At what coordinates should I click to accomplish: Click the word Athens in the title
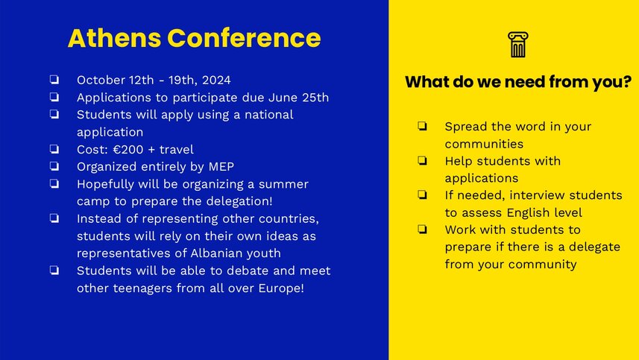(115, 38)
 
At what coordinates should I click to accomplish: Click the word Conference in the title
(244, 38)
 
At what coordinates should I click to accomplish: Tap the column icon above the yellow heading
(518, 45)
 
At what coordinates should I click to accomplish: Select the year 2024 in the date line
(216, 80)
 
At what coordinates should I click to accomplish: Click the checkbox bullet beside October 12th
(54, 80)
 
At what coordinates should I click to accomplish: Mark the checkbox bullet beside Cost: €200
(54, 149)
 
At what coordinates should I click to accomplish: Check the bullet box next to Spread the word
(422, 126)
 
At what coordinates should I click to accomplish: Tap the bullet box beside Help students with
(422, 160)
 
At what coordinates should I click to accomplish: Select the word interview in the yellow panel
(537, 195)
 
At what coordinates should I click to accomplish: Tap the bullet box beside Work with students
(422, 230)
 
